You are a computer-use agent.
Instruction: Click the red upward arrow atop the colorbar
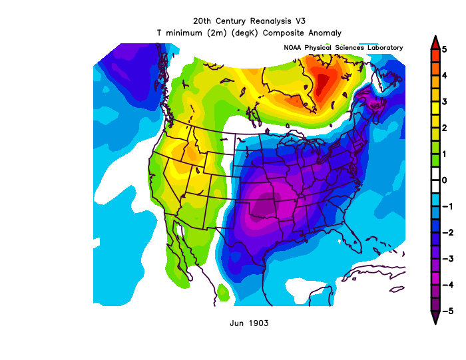pos(434,41)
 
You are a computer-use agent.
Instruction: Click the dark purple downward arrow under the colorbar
pos(434,318)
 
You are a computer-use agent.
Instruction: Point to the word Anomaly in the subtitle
pos(324,32)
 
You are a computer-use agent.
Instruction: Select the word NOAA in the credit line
pos(293,48)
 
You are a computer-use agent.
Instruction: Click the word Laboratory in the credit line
pos(383,48)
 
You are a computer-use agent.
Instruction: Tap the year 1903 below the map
pos(258,323)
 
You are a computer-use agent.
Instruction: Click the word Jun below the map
pos(236,323)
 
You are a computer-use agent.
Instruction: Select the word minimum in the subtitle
pos(188,32)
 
